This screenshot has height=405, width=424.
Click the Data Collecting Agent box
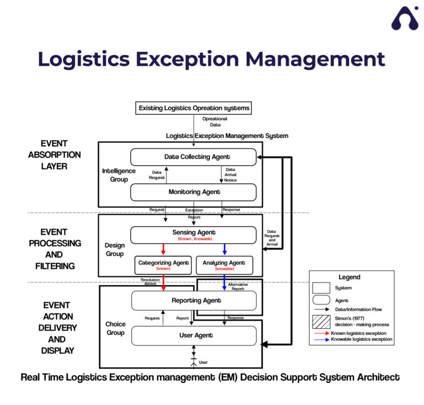[193, 157]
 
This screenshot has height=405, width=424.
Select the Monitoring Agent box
[193, 192]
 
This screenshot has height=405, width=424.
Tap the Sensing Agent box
[193, 235]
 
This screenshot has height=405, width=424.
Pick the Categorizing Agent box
[163, 265]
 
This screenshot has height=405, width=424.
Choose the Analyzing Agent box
[224, 265]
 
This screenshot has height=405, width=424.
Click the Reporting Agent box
[193, 301]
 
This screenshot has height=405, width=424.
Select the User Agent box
[193, 335]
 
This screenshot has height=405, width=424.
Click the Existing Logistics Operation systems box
[193, 108]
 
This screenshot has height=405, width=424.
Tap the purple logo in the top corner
[405, 19]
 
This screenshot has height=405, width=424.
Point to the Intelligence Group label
[118, 175]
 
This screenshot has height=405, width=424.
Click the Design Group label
[115, 249]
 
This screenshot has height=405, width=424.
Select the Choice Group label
[115, 328]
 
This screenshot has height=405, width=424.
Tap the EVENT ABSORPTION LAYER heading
[54, 154]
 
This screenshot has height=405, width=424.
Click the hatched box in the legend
[321, 322]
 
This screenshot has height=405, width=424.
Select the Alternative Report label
[238, 286]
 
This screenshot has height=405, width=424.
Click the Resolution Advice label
[150, 282]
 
